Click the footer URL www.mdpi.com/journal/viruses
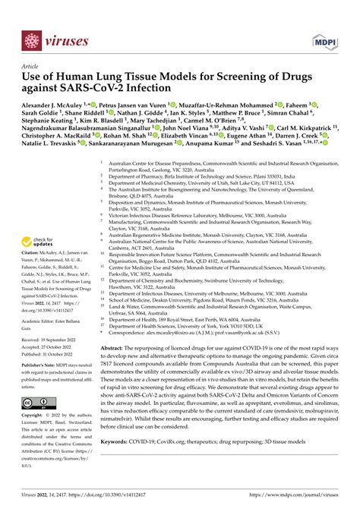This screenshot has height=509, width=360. point(301,497)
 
